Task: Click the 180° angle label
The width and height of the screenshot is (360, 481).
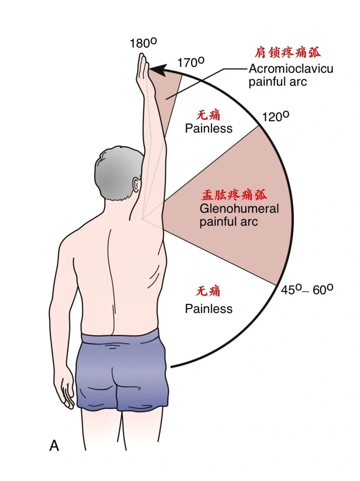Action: coord(143,43)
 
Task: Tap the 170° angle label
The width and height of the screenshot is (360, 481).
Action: coord(191,62)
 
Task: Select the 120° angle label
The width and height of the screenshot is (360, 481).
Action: coord(275,117)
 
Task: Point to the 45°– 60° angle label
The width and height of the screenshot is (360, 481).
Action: coord(307,289)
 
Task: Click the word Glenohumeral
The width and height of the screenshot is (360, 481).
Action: coord(239,209)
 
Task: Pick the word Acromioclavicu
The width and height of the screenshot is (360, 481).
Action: coord(291,69)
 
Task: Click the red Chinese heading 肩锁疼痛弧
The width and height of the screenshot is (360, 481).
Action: coord(287,53)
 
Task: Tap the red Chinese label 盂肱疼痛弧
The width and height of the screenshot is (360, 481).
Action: coord(234,195)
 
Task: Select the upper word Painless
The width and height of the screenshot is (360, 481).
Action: coord(209,128)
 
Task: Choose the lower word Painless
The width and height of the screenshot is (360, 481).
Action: coord(209,309)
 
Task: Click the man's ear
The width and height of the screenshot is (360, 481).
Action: coord(137,185)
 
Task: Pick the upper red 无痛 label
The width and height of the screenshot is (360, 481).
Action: coord(208,115)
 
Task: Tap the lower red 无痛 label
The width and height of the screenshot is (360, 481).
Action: coord(208,291)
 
